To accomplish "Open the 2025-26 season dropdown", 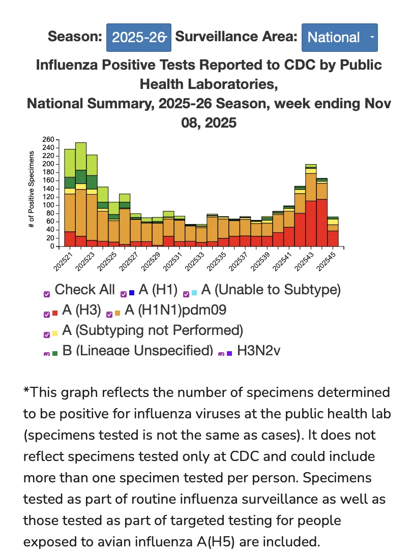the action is point(139,38).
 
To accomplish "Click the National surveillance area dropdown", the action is point(339,38).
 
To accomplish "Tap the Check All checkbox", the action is point(47,294).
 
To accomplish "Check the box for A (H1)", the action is point(124,294).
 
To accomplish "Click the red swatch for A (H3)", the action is point(55,313).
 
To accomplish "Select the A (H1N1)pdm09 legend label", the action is point(175,310).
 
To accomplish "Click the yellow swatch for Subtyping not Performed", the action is point(55,333).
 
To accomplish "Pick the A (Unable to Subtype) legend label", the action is point(271,290).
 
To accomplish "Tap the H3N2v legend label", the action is point(259,350).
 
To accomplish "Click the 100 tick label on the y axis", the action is point(48,205).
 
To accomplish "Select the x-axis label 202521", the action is point(63,262).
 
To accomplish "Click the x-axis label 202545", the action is point(326,262).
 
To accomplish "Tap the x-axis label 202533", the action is point(194,262).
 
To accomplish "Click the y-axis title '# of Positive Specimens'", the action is point(32,190).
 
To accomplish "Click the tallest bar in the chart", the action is point(81,194).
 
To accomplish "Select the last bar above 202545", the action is point(333,231).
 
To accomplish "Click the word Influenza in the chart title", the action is point(67,65).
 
